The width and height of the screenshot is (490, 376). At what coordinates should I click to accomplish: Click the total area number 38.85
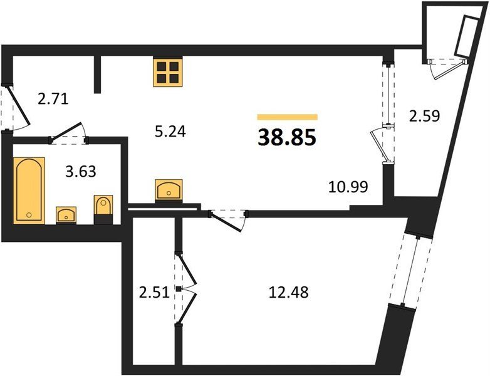pos(287,138)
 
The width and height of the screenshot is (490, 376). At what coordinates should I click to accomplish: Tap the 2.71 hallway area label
pos(53,99)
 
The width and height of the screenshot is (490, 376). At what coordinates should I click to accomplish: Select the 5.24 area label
pos(170,132)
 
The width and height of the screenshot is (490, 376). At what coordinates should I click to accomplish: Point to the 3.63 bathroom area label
pos(81,171)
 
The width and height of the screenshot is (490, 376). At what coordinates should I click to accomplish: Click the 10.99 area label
pos(348,187)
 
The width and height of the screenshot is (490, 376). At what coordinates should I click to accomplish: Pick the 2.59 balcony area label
pos(424,116)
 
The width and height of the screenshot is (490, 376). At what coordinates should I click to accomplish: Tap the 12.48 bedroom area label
pos(288,292)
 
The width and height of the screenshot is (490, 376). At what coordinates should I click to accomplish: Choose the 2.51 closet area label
pos(154,293)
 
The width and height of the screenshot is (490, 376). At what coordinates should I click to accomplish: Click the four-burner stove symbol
pos(168,72)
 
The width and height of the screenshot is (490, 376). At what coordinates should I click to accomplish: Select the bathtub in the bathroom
pos(29,191)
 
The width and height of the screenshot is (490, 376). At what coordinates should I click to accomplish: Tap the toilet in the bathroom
pos(103,209)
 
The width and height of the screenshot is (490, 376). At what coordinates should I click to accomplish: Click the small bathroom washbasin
pos(66,214)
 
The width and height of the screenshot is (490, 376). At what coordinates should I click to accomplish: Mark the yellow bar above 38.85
pos(288,117)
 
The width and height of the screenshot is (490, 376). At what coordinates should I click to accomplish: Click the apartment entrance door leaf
pos(18,106)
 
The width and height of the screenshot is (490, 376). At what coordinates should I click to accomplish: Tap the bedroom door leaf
pos(226,222)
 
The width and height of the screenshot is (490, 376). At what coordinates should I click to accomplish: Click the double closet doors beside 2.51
pos(187,290)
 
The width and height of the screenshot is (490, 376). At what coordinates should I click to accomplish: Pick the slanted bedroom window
pos(410,271)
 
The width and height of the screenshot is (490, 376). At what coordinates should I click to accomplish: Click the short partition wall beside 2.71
pos(98,75)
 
